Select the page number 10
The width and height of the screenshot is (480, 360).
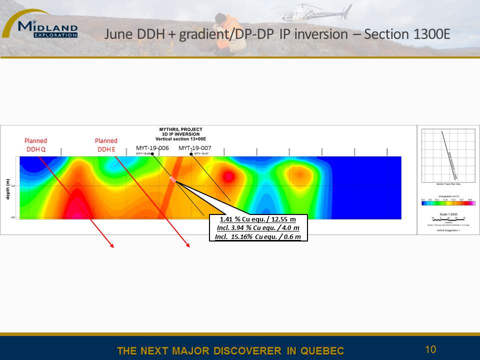430,349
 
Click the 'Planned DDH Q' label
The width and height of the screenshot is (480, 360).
36,144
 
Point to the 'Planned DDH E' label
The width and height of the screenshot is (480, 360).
106,144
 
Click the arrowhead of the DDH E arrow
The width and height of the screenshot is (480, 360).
188,245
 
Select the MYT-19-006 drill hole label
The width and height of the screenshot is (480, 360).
152,148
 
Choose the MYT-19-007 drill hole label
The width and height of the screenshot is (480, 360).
195,148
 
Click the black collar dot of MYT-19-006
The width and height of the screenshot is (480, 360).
152,154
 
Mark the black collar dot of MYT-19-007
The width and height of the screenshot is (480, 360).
191,154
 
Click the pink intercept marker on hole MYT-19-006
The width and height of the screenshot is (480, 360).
173,179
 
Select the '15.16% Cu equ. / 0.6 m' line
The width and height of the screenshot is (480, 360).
258,236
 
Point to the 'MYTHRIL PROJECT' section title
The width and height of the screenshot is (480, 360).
180,129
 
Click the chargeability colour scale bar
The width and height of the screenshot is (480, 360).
448,203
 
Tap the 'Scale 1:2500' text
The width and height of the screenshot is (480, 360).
448,214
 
